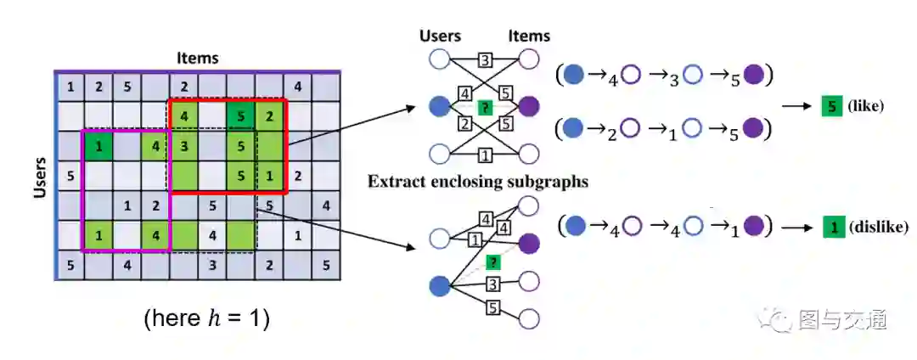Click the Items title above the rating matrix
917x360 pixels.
point(197,59)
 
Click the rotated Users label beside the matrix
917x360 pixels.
point(39,176)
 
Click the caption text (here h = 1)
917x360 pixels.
point(206,319)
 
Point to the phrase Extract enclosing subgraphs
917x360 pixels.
point(478,181)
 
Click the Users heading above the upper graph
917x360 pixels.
point(440,36)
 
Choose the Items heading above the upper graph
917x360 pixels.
point(528,36)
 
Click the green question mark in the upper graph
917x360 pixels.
point(485,107)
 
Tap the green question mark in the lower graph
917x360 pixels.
point(492,263)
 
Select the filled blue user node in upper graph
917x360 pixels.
point(439,107)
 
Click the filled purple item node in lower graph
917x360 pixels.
point(528,244)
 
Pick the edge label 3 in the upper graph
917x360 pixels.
point(485,60)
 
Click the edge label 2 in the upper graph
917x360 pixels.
point(464,125)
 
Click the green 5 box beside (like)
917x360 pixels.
point(831,107)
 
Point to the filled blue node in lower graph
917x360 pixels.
point(439,285)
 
